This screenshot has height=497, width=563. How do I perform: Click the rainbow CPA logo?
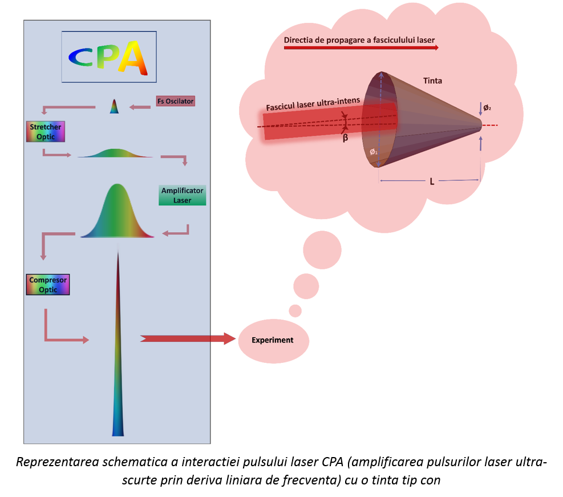(109, 57)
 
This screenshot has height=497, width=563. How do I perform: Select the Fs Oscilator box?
(176, 101)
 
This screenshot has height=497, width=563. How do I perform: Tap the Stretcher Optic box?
(46, 132)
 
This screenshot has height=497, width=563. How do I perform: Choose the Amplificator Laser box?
(182, 195)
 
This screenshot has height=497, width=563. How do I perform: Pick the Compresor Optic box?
(48, 285)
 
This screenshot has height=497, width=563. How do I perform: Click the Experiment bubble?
(273, 341)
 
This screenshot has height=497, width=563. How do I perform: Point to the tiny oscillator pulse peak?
(114, 107)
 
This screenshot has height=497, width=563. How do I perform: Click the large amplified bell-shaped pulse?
(118, 214)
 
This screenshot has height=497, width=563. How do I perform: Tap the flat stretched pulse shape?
(115, 153)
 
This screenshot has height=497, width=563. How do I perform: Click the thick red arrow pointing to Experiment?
(188, 338)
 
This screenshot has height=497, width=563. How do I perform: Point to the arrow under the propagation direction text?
(361, 48)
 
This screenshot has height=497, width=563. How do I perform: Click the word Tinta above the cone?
(432, 81)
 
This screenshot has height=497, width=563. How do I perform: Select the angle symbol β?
(345, 138)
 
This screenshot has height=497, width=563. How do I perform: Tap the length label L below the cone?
(432, 181)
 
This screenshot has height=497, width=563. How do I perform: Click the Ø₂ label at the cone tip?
(487, 108)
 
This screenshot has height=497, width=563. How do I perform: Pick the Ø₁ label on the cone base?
(373, 152)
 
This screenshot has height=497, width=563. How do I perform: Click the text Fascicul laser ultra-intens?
(313, 104)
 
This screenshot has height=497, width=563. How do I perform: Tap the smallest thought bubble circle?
(295, 311)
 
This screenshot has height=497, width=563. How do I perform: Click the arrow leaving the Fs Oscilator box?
(140, 107)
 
